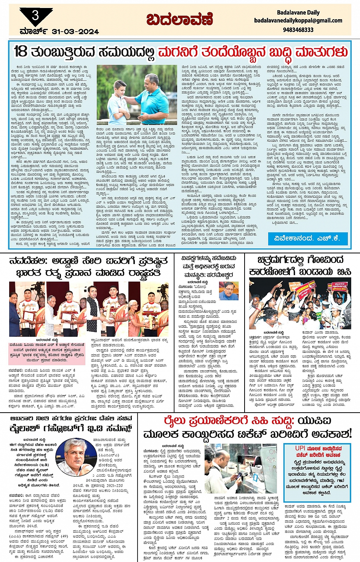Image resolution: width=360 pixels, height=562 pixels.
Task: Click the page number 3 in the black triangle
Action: pyautogui.click(x=35, y=15)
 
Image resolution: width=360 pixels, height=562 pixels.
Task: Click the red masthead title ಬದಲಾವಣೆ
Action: pyautogui.click(x=179, y=19)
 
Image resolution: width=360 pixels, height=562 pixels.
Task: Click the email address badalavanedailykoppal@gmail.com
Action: pyautogui.click(x=298, y=21)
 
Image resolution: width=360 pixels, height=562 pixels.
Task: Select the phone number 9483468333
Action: pyautogui.click(x=298, y=30)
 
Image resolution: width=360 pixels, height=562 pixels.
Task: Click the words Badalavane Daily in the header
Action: pyautogui.click(x=298, y=13)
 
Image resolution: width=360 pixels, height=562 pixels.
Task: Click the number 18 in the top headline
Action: pyautogui.click(x=21, y=51)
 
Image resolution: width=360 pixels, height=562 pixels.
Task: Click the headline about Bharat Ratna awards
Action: pyautogui.click(x=88, y=267)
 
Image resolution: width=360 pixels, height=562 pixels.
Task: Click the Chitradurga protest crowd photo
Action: pyautogui.click(x=300, y=303)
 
